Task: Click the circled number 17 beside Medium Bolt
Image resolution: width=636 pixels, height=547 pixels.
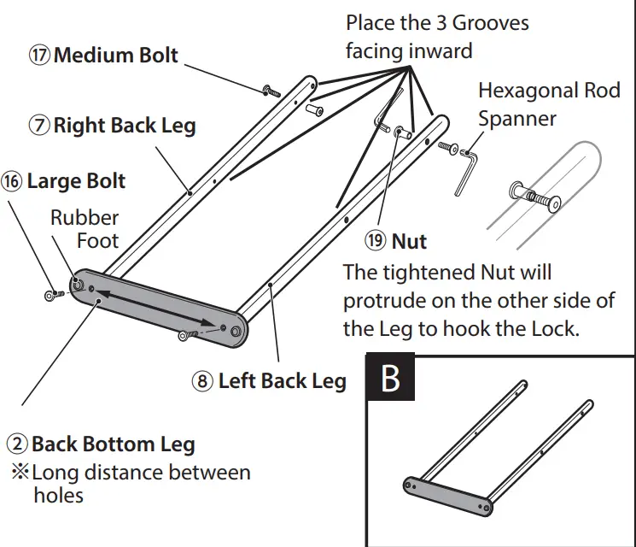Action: click(41, 56)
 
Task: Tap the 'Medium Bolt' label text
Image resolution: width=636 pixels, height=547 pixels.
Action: click(115, 56)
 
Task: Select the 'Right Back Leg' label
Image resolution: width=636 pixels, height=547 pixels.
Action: click(125, 126)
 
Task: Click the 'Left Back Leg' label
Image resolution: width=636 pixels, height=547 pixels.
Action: click(282, 380)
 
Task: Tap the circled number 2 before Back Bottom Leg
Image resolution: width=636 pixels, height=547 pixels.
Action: click(18, 444)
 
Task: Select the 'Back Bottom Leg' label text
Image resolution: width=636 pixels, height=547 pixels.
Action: click(113, 444)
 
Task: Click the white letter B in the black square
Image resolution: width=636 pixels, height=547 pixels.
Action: click(390, 378)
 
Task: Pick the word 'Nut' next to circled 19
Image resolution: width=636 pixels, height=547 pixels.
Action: click(409, 242)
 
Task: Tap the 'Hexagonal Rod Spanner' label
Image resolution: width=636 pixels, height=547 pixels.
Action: click(547, 103)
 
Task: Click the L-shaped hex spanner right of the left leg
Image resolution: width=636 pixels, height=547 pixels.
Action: click(466, 170)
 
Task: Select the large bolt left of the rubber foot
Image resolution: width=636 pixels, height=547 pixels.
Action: click(54, 295)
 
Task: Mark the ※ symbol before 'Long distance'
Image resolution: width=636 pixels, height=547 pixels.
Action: click(19, 472)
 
